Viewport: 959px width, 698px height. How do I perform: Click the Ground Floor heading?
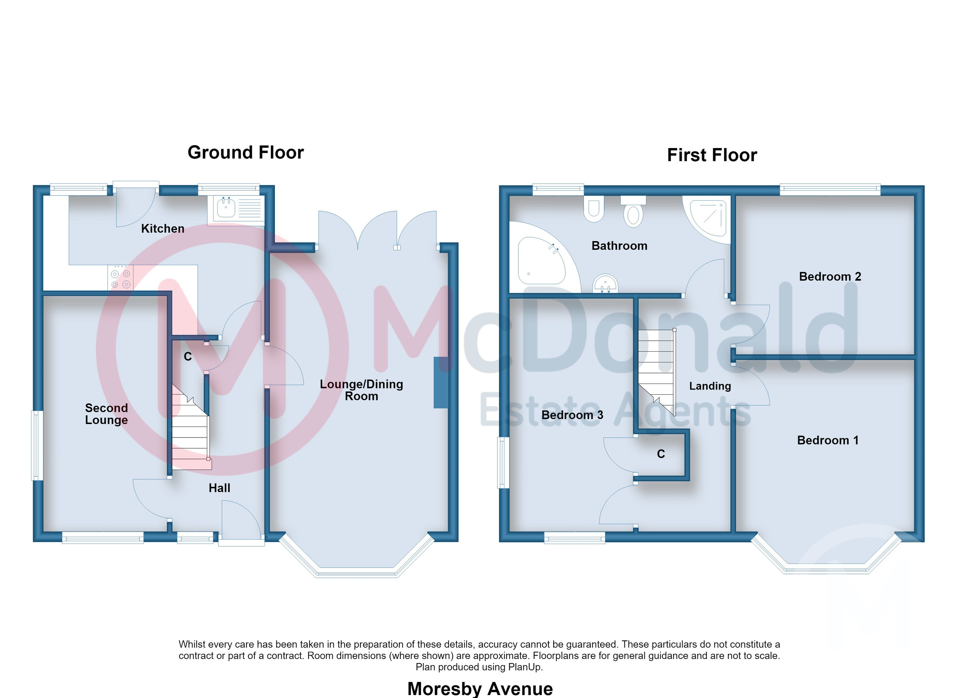click(x=246, y=152)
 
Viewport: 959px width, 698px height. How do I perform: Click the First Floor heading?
click(x=712, y=155)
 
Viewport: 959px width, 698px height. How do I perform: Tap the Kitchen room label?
click(x=163, y=228)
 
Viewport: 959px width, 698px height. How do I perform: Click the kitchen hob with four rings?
click(x=121, y=278)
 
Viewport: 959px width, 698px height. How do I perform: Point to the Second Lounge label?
click(x=106, y=414)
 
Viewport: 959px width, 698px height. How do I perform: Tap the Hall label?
click(x=220, y=488)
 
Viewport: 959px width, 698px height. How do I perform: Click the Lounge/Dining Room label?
click(x=361, y=390)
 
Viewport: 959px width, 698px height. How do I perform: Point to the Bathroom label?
click(x=620, y=246)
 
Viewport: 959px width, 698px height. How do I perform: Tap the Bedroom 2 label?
click(x=830, y=277)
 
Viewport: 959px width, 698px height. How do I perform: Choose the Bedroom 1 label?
click(x=828, y=440)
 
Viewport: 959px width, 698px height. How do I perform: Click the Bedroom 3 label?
click(x=572, y=415)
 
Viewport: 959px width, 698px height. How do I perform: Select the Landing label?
click(x=710, y=386)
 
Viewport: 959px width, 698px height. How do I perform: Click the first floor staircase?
click(x=656, y=372)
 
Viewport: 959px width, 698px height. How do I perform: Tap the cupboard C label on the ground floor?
click(x=188, y=356)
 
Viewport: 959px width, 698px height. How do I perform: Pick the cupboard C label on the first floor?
click(x=661, y=454)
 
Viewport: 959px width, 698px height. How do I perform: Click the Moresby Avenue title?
click(x=480, y=689)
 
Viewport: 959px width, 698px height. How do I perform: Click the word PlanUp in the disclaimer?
click(x=524, y=667)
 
